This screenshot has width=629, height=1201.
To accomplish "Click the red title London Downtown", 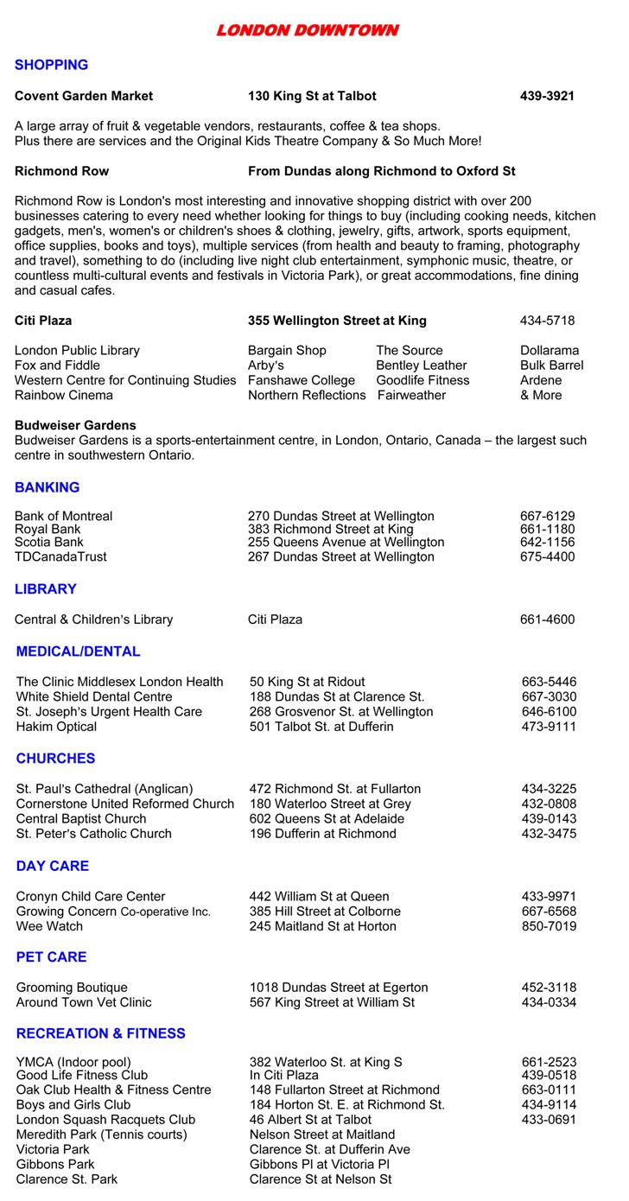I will point(307,31).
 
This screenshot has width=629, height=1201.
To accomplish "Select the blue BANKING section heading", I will point(47,487).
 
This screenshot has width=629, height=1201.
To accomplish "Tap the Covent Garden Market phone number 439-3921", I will point(547,96).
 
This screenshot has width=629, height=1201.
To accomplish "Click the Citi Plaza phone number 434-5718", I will point(547,321).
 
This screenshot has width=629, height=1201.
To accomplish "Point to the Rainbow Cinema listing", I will point(63,395).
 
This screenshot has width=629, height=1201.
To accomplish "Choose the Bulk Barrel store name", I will point(551,365).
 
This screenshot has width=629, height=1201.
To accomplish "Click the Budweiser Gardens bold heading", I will point(75,425).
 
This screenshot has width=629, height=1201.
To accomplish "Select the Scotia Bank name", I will point(49,542).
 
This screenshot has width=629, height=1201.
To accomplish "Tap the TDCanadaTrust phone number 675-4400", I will point(547,556).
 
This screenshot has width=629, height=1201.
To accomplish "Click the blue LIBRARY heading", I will point(46,589).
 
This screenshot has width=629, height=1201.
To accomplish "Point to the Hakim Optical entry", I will point(56,727).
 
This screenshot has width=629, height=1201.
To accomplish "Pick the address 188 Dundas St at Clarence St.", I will point(337,696).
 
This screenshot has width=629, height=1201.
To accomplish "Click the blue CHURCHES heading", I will point(55,759).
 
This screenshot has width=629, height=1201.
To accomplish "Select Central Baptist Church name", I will point(81,818).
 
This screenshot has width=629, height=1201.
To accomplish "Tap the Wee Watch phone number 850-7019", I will point(549,926).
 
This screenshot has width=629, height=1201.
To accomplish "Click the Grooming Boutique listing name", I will point(72,987).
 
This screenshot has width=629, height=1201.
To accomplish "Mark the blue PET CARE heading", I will point(51,957).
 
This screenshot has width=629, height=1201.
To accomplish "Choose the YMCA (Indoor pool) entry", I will point(73,1062).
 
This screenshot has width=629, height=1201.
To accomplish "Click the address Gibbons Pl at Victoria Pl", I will point(320,1164).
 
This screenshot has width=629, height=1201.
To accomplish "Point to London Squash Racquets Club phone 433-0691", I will point(549,1120).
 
